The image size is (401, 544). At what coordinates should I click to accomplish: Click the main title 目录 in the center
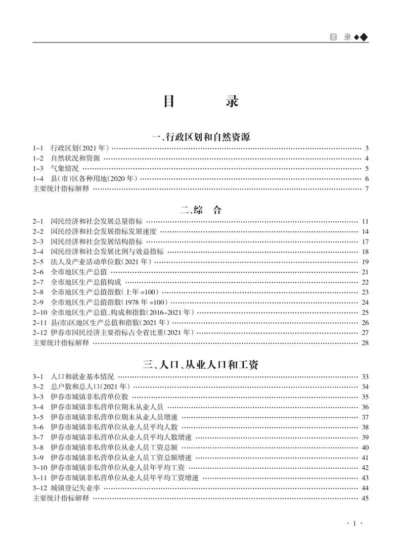tap(200, 102)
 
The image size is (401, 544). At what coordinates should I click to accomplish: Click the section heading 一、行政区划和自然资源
tap(200, 136)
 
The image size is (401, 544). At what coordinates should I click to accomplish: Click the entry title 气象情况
tap(65, 169)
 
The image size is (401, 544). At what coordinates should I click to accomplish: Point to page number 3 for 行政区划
tap(366, 149)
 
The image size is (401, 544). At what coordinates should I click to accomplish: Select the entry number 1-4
tap(39, 179)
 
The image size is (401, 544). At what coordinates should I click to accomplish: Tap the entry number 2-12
tap(40, 332)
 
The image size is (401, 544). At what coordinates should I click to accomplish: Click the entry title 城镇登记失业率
tap(75, 488)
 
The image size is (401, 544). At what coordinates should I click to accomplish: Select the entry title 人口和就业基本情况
tap(82, 377)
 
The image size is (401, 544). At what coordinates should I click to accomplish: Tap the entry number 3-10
tap(40, 468)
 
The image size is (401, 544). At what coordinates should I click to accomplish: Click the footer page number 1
tap(354, 524)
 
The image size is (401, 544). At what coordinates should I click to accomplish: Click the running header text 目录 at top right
tap(340, 37)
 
